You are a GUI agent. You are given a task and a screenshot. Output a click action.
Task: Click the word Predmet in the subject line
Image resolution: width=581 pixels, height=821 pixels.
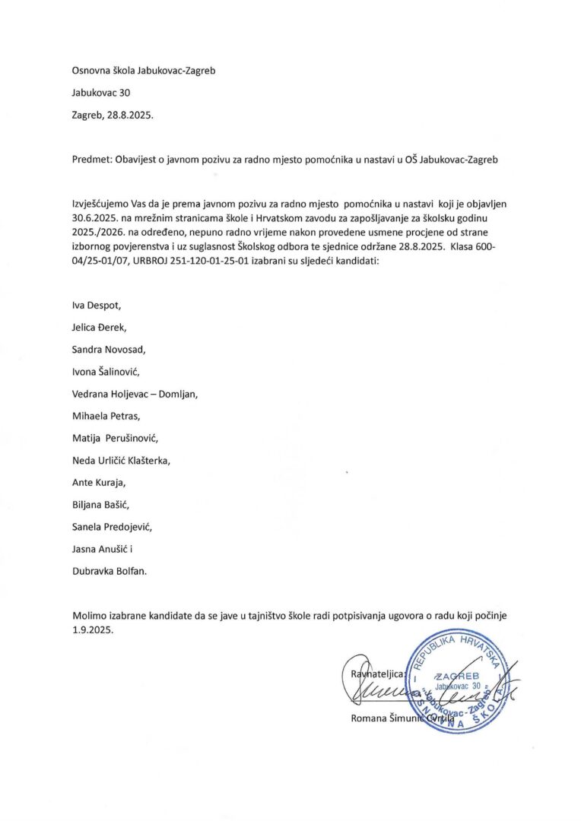pos(90,159)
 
